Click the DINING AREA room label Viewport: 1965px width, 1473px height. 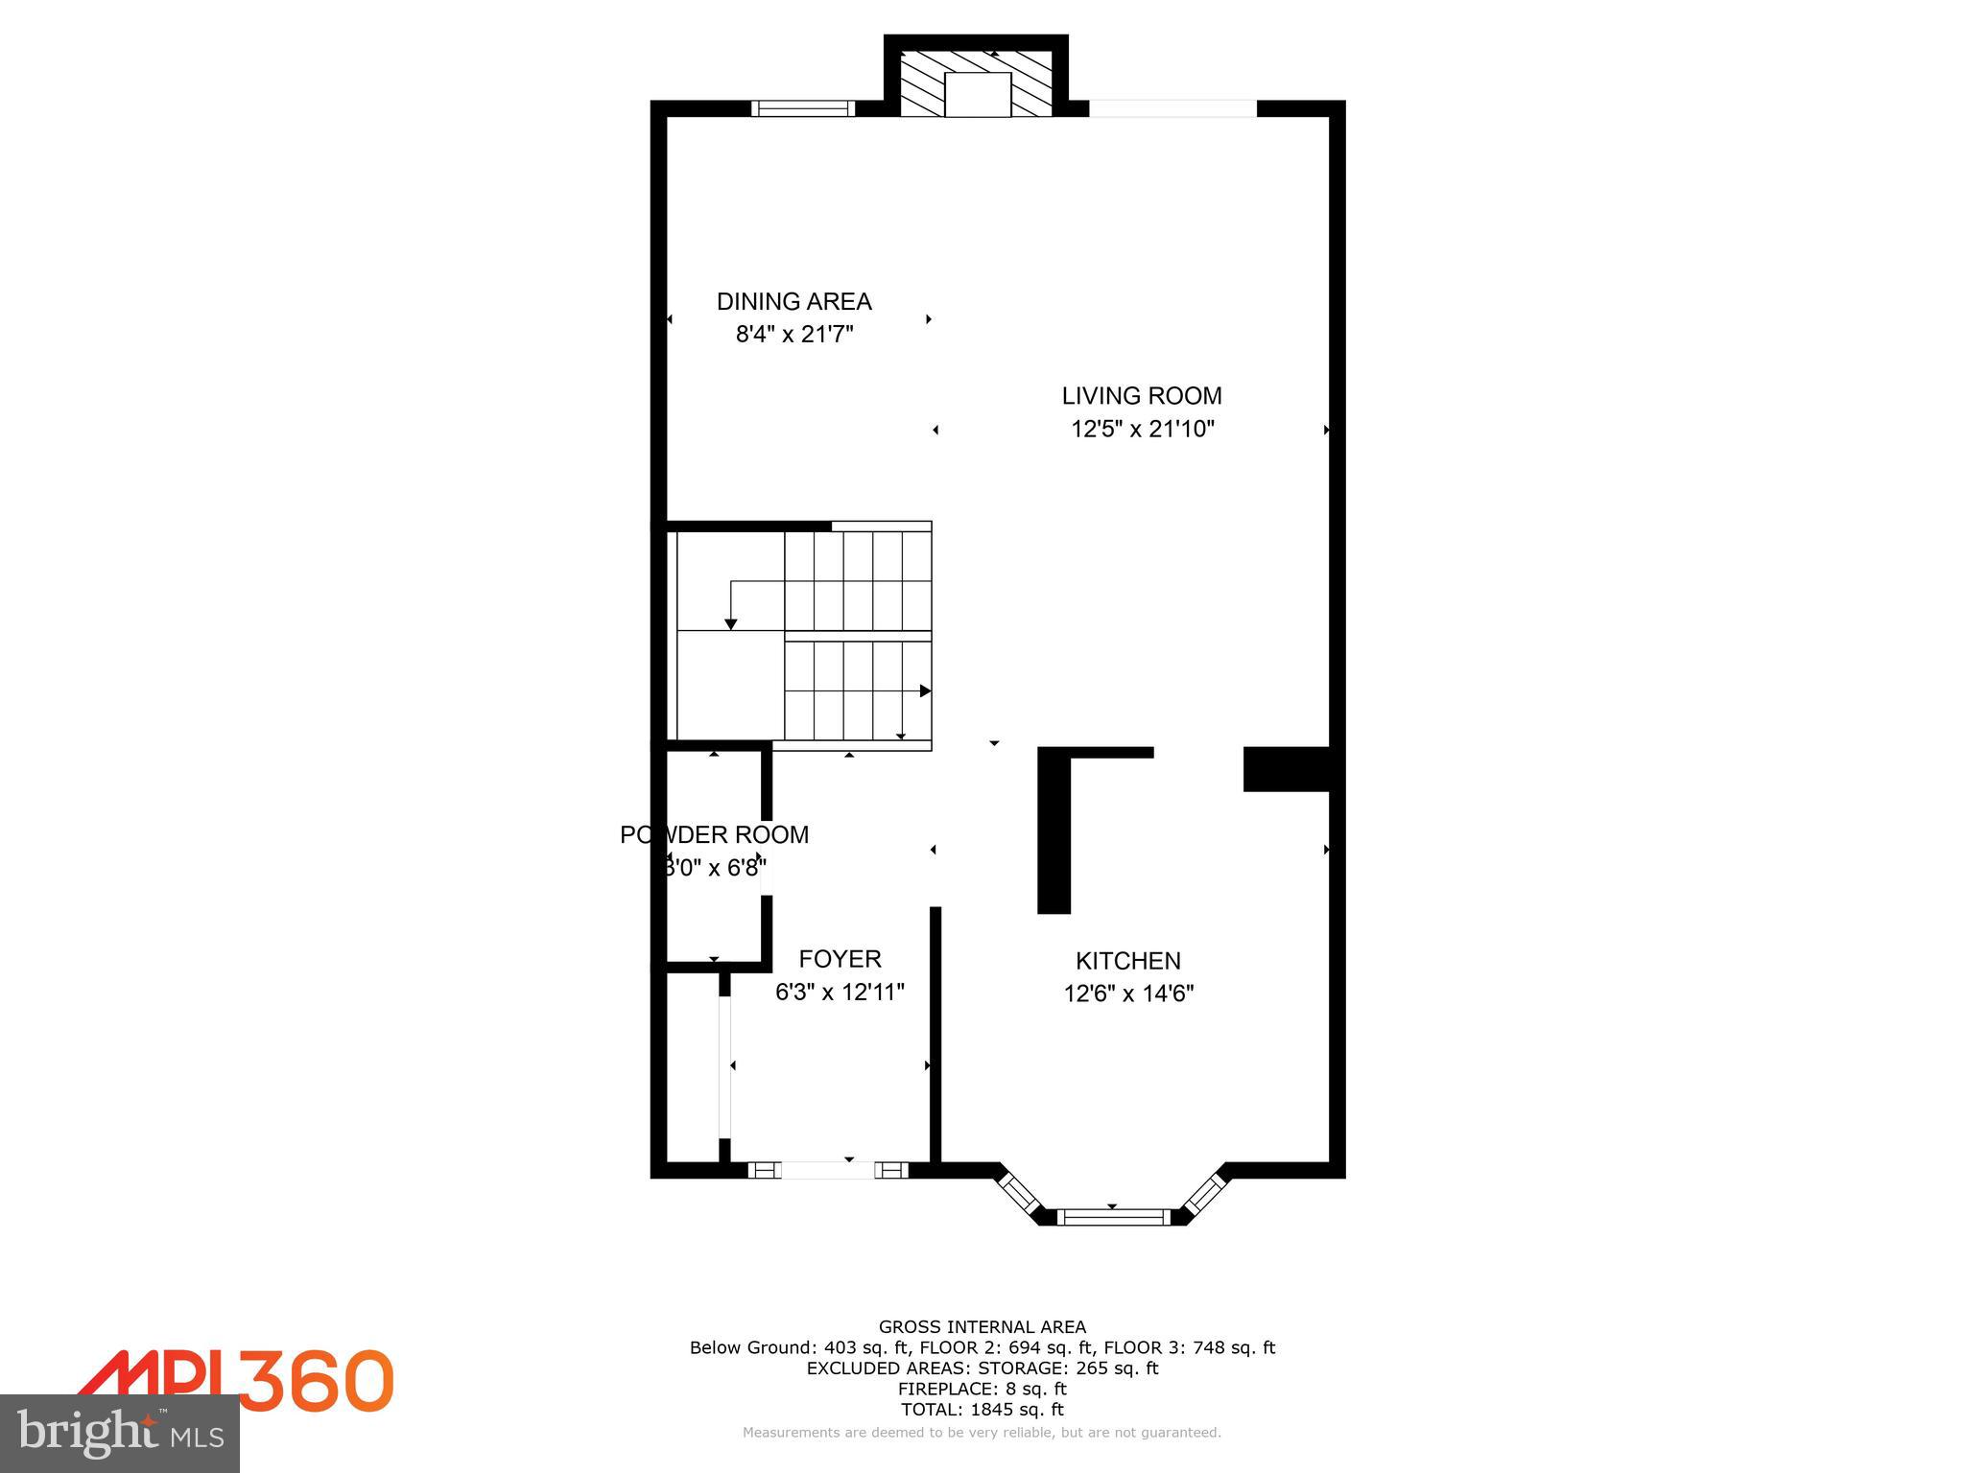pos(793,302)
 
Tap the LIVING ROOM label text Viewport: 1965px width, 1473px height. pos(1141,396)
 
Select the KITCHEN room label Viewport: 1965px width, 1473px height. pos(1127,961)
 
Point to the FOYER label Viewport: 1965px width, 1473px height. pos(840,959)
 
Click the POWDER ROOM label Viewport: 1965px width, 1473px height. pos(714,835)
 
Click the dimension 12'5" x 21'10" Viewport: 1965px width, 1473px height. pos(1142,429)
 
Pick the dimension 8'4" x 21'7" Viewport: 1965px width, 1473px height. pos(793,335)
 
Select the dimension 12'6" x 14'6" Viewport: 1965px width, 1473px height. pos(1127,994)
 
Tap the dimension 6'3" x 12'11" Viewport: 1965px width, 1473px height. pos(840,992)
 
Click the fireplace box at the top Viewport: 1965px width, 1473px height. pos(977,94)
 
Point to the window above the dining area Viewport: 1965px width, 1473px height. pos(802,108)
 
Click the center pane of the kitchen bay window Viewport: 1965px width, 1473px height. pos(1113,1217)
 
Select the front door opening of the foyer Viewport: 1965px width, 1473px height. pos(829,1170)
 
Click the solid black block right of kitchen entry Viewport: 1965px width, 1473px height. pos(1286,769)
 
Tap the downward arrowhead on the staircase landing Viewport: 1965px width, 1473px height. pos(730,624)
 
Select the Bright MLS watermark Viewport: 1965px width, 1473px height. pos(119,1434)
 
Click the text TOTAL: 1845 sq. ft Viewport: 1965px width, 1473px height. pos(982,1410)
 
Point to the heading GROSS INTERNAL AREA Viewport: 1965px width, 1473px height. pos(982,1327)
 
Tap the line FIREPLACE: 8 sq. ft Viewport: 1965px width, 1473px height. pos(982,1389)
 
